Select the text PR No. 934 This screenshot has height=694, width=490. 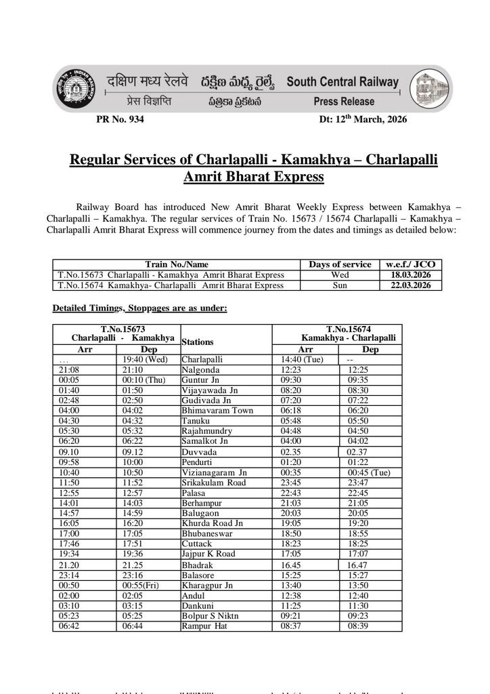(120, 119)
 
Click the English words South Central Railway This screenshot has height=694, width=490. (342, 82)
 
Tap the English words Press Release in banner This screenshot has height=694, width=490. (344, 102)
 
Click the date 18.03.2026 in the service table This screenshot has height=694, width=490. (409, 275)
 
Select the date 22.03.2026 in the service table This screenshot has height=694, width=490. (409, 285)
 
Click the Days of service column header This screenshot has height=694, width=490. (340, 264)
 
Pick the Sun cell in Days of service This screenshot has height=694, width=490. (340, 285)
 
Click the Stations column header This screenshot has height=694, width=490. (198, 342)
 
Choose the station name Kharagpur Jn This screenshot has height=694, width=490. (207, 585)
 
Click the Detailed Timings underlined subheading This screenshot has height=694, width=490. (139, 308)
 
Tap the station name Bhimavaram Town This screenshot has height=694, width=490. (217, 411)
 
